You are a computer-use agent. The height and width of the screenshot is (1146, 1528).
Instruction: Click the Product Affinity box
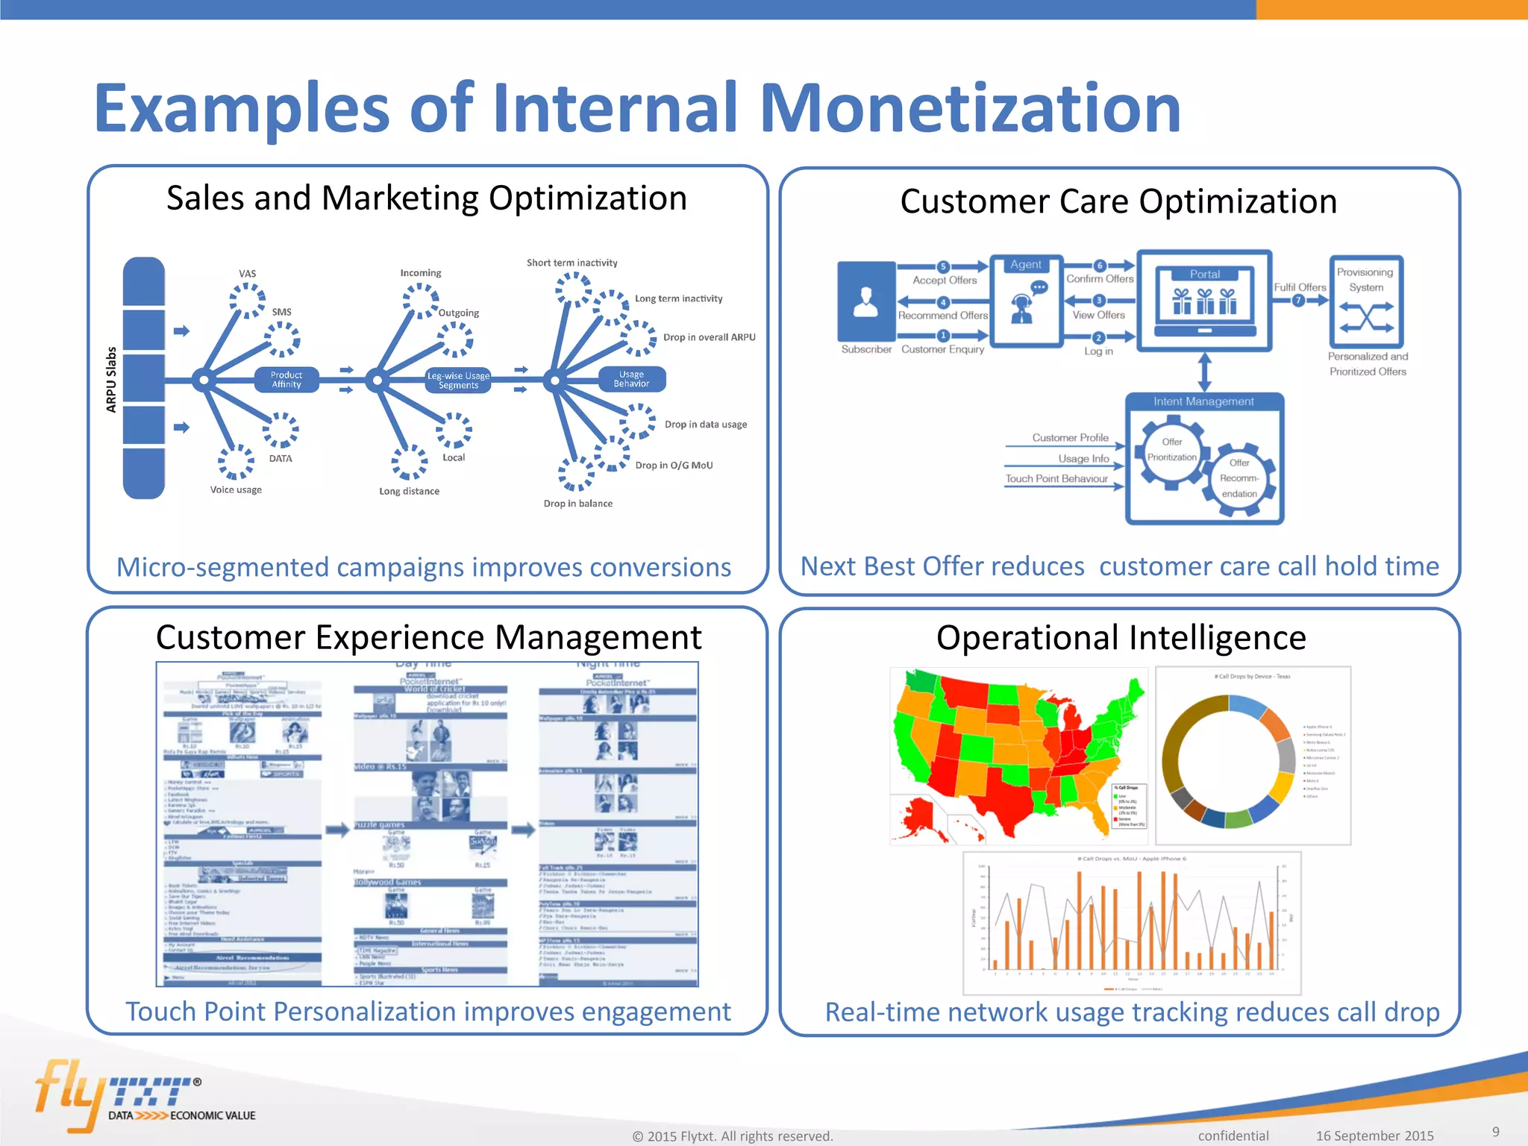[x=286, y=380]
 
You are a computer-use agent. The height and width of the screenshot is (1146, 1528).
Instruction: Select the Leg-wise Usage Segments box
[x=458, y=381]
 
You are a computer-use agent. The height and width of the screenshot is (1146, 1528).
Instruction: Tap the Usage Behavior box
[x=631, y=379]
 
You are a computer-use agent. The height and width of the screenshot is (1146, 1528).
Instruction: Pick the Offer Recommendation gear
[x=1239, y=478]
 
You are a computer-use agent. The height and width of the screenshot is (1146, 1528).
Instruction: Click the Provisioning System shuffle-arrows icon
[x=1366, y=318]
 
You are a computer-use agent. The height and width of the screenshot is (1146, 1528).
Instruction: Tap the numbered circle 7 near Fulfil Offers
[x=1298, y=301]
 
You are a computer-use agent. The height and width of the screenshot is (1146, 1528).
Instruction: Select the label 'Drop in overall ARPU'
[x=709, y=337]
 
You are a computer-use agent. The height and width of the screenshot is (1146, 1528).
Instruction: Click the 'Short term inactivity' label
[x=572, y=263]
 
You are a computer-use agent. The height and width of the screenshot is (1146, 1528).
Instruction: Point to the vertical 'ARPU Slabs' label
[x=112, y=379]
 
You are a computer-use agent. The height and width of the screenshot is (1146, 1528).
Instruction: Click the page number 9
[x=1495, y=1132]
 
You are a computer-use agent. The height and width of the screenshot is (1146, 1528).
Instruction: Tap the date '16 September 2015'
[x=1374, y=1136]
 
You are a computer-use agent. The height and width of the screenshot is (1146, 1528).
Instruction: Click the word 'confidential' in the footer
[x=1233, y=1136]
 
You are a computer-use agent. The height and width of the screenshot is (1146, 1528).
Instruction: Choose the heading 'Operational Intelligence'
[x=1121, y=638]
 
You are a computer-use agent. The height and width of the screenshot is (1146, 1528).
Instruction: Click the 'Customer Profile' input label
[x=1070, y=438]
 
